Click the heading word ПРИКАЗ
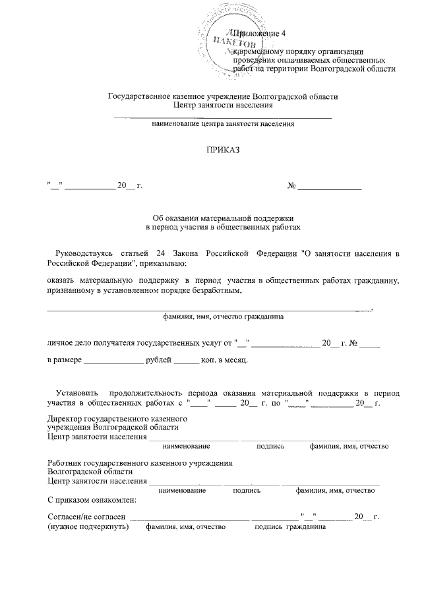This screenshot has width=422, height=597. [x=223, y=149]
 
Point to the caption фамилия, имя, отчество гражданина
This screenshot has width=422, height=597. [x=224, y=316]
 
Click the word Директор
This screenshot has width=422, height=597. [x=65, y=418]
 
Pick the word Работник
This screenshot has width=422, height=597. [x=65, y=462]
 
